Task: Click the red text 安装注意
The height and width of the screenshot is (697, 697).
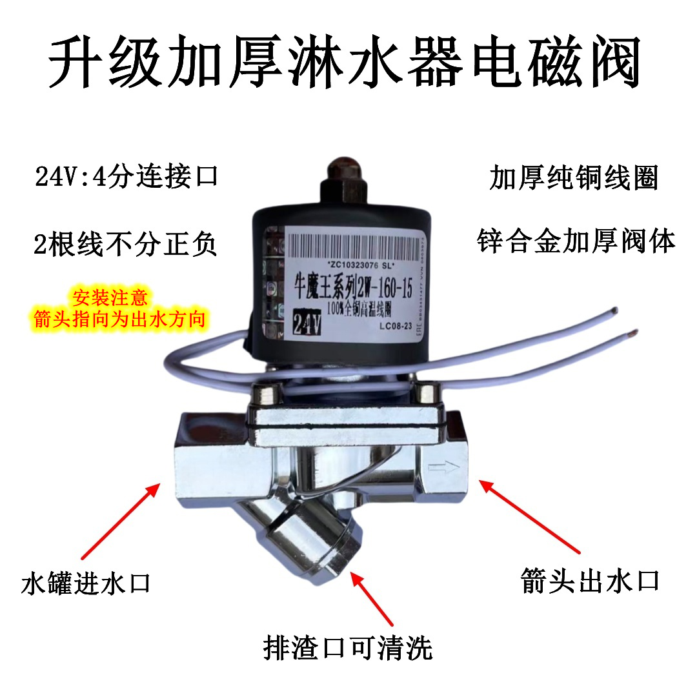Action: [110, 298]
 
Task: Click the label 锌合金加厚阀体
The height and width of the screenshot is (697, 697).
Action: [576, 242]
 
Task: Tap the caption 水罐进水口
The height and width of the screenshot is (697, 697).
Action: [85, 583]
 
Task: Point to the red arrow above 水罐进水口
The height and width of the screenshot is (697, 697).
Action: [120, 520]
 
